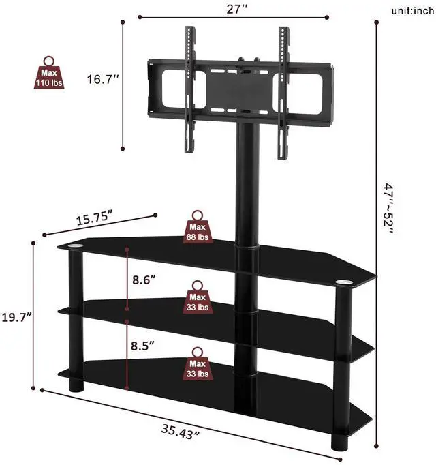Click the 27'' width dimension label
click(232, 9)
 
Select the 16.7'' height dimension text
click(103, 80)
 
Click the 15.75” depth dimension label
click(94, 219)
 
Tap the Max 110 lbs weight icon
click(49, 74)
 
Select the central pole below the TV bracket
click(245, 184)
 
